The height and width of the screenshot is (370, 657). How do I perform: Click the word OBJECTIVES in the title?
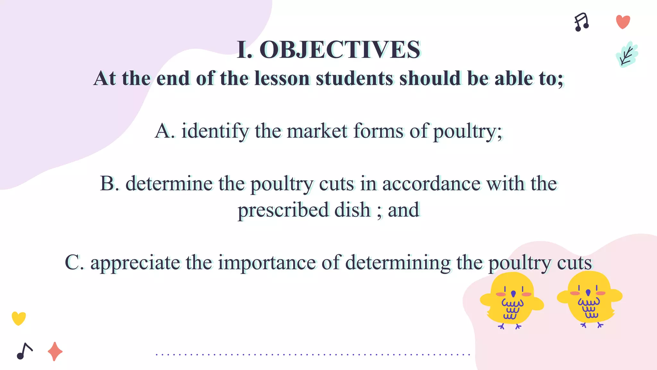(340, 50)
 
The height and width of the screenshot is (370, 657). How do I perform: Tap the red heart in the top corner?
(623, 22)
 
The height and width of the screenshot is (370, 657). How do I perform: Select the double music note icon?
(582, 22)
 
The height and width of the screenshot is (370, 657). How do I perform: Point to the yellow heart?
(19, 318)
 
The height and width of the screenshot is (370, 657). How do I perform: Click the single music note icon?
(24, 351)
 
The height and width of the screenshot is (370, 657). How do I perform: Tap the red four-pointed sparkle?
(55, 351)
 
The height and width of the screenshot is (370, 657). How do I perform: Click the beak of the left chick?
(513, 294)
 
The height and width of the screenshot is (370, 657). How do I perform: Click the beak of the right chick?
(588, 292)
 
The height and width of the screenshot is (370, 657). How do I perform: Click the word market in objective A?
(317, 131)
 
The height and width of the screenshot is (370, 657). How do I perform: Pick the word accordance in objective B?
(431, 184)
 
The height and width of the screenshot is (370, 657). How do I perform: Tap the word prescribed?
(283, 210)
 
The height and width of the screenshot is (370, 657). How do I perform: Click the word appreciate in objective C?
(135, 263)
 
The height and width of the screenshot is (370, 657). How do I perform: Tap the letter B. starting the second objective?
(109, 184)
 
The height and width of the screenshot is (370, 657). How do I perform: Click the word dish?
(352, 210)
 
